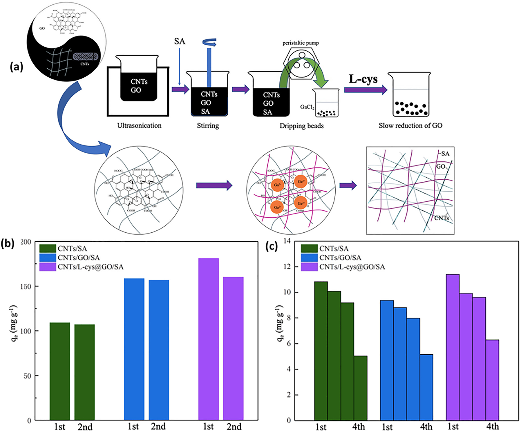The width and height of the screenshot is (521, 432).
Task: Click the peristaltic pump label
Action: [301, 43]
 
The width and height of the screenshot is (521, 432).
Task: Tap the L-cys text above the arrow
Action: [363, 79]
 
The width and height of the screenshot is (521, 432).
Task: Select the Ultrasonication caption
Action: [139, 125]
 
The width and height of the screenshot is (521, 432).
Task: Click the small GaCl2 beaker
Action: [325, 103]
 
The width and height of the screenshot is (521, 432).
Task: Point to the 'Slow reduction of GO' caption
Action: [410, 125]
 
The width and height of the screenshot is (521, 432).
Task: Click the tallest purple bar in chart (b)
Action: [208, 339]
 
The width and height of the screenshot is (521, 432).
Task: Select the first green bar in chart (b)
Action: [60, 371]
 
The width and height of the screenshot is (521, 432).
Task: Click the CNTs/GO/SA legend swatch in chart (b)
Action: [48, 258]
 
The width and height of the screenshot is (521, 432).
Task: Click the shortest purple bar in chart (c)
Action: [492, 380]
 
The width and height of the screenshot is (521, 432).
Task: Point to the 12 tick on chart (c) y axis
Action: [288, 267]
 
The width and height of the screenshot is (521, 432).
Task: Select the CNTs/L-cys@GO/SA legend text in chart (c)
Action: [352, 267]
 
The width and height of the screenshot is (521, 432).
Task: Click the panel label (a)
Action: [16, 67]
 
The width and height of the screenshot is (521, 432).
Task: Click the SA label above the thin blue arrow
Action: [180, 41]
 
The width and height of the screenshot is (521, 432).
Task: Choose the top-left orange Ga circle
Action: [277, 185]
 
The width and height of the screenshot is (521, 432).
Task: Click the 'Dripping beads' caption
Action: [301, 126]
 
